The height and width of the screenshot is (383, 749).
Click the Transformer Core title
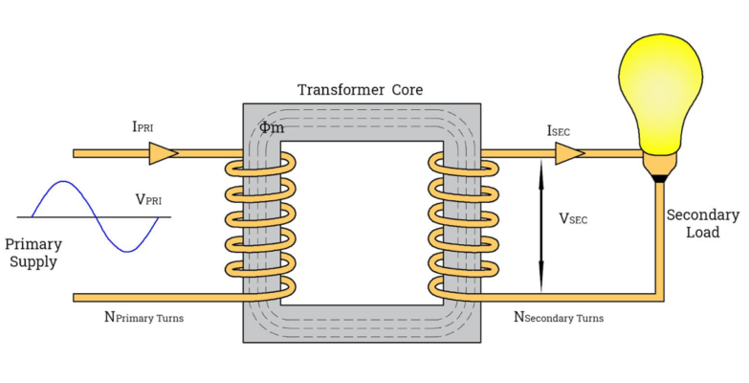click(x=360, y=90)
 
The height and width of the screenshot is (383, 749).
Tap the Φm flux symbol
click(x=271, y=127)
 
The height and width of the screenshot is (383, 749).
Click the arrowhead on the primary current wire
click(x=163, y=152)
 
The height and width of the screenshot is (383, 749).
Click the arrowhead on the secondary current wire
click(x=570, y=152)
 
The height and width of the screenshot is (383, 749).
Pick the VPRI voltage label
click(x=153, y=200)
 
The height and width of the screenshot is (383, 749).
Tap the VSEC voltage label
click(x=573, y=218)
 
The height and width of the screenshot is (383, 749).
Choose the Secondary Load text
click(x=703, y=223)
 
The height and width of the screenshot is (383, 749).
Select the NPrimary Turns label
click(x=143, y=316)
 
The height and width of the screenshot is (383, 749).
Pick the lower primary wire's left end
click(x=77, y=297)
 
